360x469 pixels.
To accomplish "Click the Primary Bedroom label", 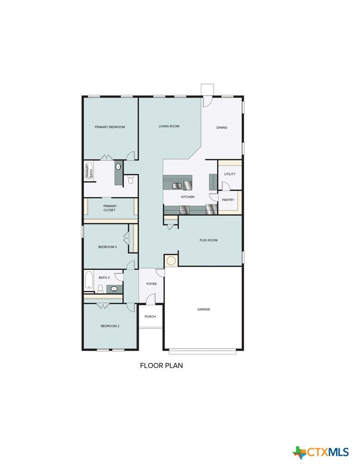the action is [110, 127].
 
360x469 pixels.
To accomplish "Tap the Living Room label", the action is [169, 126].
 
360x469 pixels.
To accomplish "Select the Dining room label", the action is [222, 128].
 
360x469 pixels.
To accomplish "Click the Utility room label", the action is [230, 174].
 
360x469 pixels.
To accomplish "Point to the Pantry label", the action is [228, 200].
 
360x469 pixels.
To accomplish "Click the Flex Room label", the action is [209, 240].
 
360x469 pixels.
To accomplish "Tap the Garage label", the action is [204, 309].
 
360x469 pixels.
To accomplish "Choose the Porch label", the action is [150, 316].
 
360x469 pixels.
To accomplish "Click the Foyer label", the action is [151, 284].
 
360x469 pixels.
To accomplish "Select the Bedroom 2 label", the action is [110, 326].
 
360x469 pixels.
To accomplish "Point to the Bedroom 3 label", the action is [107, 247].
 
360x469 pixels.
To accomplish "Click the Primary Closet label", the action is [110, 208].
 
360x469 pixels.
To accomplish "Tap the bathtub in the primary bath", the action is [89, 171].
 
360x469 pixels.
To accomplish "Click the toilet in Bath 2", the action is [100, 289].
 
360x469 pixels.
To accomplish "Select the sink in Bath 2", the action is [114, 289].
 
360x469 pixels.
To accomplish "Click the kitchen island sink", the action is [177, 186].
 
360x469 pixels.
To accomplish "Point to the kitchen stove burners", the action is [184, 210].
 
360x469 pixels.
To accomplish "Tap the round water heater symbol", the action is [171, 260].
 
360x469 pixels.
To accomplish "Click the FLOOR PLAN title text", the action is [161, 366].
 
